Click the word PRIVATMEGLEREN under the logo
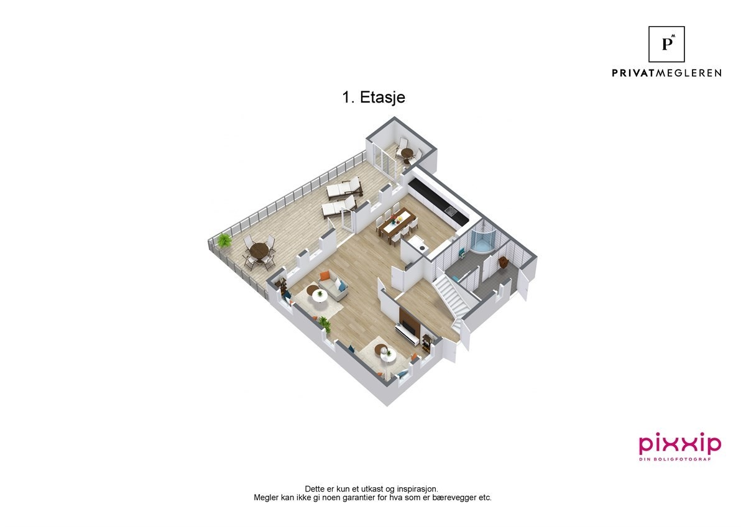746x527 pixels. pos(666,73)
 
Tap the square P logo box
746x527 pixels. pos(666,44)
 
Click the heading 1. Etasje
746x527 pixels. pos(374,98)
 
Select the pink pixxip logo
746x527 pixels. pos(680,444)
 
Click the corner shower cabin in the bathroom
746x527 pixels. pos(482,241)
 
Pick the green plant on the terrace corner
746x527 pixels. pos(224,240)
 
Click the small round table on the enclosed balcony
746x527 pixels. pos(407,152)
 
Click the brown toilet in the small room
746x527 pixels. pos(504,262)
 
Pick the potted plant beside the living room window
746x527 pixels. pos(324,324)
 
